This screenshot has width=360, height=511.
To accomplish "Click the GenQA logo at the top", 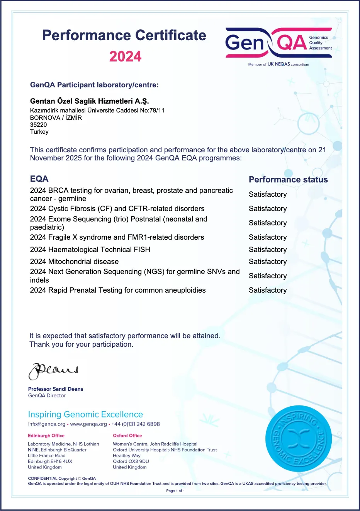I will (x=278, y=43).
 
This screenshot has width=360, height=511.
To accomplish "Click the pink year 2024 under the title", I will (x=125, y=56).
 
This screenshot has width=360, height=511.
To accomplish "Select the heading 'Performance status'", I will (x=288, y=179).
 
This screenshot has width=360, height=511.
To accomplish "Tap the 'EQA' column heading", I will (x=39, y=179).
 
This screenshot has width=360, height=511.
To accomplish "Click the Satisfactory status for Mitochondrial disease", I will (x=268, y=262).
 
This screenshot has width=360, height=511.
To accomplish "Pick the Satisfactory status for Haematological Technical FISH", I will (x=268, y=250).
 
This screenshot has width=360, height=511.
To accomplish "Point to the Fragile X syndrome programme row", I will (x=117, y=237).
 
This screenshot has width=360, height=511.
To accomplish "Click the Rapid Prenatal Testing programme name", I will (x=118, y=290).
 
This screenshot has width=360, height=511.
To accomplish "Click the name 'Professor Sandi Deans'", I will (x=56, y=389).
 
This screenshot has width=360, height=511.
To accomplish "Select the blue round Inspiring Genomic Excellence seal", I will (x=298, y=438).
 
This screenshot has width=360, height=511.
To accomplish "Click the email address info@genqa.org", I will (x=47, y=424).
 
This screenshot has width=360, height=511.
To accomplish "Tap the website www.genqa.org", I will (x=88, y=424).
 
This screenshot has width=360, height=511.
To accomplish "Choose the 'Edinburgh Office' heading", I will (x=46, y=436).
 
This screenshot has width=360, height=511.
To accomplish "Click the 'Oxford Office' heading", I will (x=127, y=436).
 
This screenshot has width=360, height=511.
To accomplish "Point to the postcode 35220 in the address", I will (x=38, y=125).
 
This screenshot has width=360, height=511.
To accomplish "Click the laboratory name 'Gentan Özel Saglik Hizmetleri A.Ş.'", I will (x=89, y=101).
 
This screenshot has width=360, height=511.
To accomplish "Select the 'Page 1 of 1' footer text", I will (x=175, y=491).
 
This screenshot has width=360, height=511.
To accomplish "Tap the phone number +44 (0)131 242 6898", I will (x=136, y=424).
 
